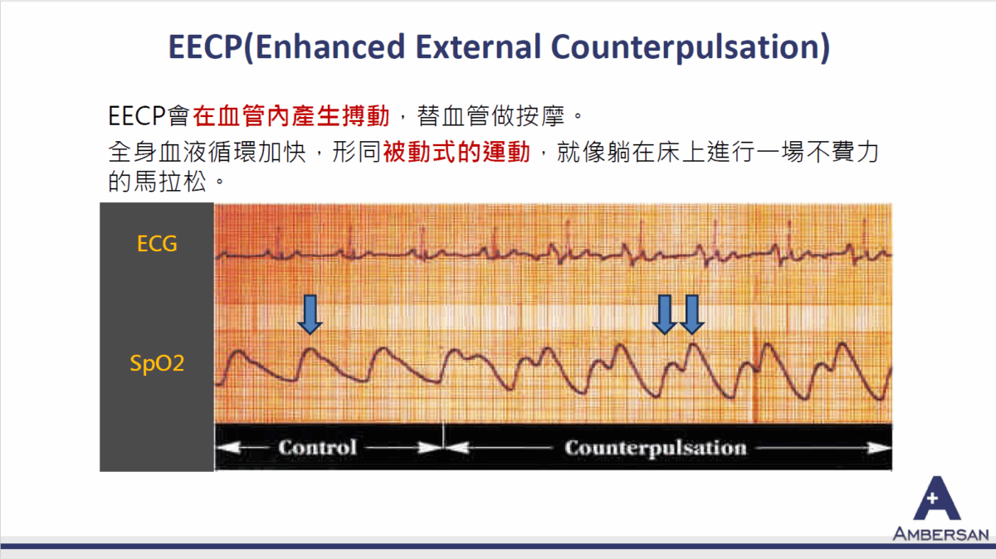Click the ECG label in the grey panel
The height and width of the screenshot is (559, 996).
pos(157,244)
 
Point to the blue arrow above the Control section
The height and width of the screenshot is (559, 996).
pos(310,314)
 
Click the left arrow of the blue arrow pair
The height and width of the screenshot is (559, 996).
pos(663,314)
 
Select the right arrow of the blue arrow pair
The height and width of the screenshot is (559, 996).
pos(691,314)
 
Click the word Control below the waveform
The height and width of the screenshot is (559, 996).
pos(317,448)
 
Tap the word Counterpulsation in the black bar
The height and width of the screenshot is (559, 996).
pos(655,448)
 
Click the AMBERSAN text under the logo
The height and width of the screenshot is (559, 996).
pos(940,533)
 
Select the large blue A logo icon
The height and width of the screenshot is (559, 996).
pos(937,499)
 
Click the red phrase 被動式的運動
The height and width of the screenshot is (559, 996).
pos(456,153)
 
